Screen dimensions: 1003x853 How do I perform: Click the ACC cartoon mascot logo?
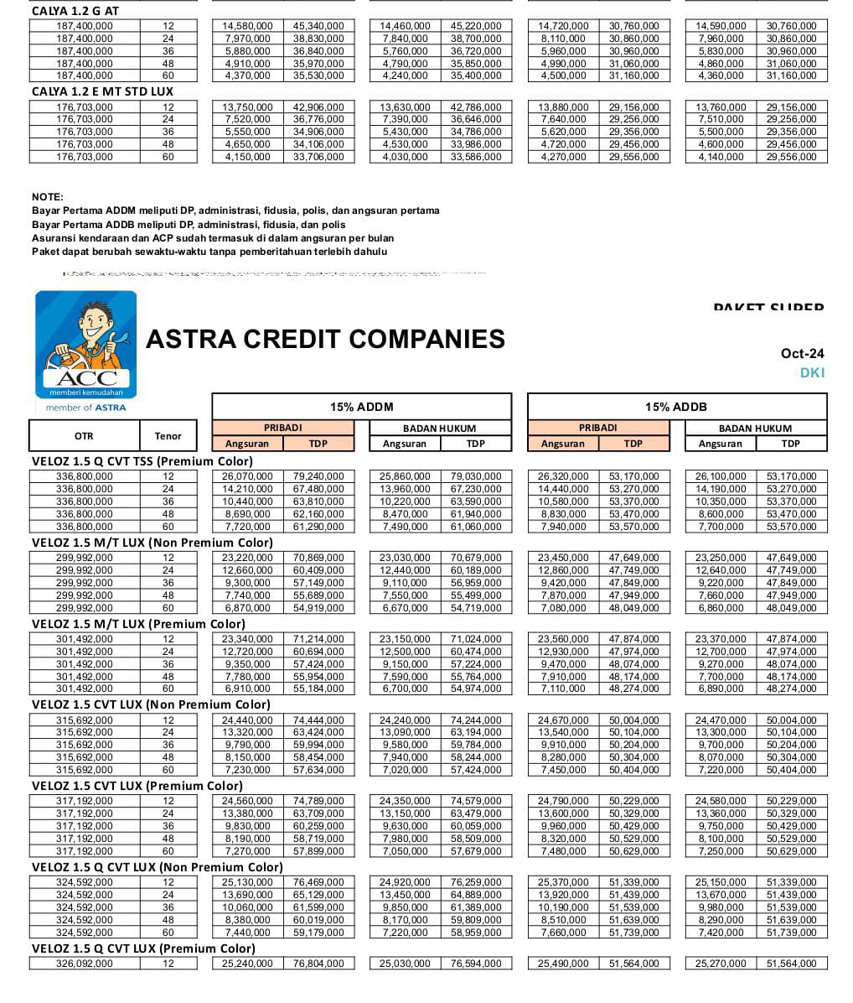(x=85, y=345)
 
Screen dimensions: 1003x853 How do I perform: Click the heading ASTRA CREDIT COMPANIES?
(x=325, y=339)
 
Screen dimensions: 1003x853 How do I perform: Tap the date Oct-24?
(x=802, y=353)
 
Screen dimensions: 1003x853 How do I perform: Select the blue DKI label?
(x=812, y=372)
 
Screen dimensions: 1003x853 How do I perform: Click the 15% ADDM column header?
(x=361, y=407)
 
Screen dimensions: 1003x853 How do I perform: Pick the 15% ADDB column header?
(x=676, y=407)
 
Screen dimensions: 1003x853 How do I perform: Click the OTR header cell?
(x=84, y=435)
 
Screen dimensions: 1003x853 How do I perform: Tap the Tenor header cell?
(x=168, y=435)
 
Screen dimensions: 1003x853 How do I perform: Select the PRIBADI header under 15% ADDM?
(x=282, y=428)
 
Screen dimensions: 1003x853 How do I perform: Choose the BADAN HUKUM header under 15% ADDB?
(x=755, y=428)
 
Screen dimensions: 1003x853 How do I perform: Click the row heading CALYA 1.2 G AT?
(x=75, y=12)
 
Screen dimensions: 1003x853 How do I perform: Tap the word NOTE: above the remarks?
(x=48, y=197)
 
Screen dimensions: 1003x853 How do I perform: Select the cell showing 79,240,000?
(x=318, y=476)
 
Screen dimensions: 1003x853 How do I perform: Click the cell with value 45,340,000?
(x=318, y=26)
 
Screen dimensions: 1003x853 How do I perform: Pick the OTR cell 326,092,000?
(x=84, y=964)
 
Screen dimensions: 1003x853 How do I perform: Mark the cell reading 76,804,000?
(x=318, y=964)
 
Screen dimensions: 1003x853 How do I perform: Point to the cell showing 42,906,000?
(x=318, y=107)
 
